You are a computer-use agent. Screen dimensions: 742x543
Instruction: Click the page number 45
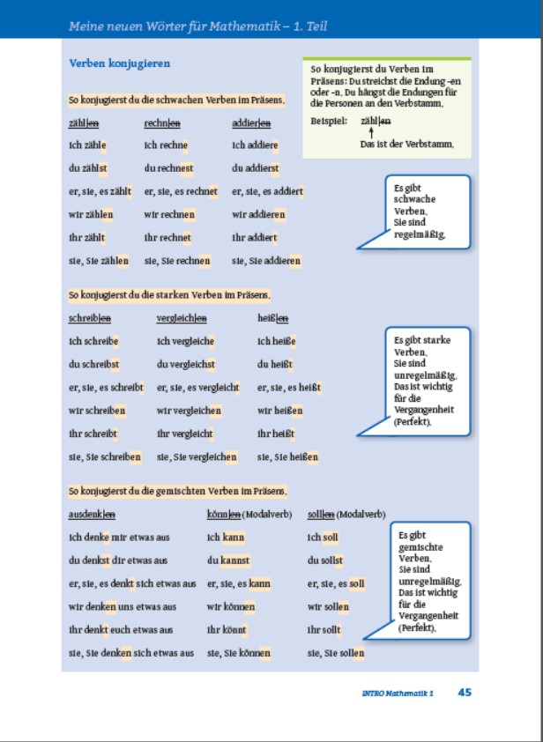[465, 692]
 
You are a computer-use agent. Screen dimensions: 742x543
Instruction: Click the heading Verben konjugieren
[119, 64]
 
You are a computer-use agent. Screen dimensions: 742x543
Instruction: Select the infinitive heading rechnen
[162, 123]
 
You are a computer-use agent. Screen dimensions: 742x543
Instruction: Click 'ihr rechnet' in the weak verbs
[167, 237]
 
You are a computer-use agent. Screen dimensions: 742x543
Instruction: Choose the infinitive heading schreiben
[89, 318]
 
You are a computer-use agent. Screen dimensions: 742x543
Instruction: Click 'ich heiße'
[276, 341]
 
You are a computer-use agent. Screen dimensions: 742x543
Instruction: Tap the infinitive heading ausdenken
[92, 514]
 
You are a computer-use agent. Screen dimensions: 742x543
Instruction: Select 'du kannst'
[228, 560]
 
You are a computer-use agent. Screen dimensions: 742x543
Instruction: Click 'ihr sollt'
[324, 630]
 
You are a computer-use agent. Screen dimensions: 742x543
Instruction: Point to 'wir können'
[231, 606]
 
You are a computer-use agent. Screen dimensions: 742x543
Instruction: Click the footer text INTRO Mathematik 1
[398, 693]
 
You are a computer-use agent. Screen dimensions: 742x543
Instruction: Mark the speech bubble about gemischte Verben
[428, 581]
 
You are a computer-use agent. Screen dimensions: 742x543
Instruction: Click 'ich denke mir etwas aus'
[118, 537]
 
